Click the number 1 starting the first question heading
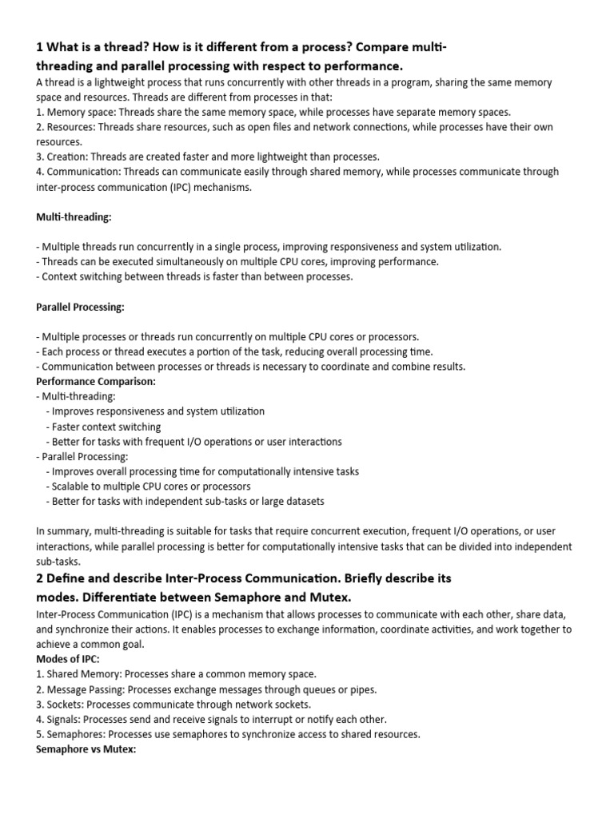click(x=41, y=48)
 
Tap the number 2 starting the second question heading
click(x=41, y=578)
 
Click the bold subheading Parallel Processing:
click(x=80, y=307)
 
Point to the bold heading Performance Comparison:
click(x=96, y=381)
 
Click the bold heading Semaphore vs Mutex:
click(x=87, y=749)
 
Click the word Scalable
click(x=74, y=486)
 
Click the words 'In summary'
click(x=63, y=532)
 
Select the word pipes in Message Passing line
click(x=362, y=689)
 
